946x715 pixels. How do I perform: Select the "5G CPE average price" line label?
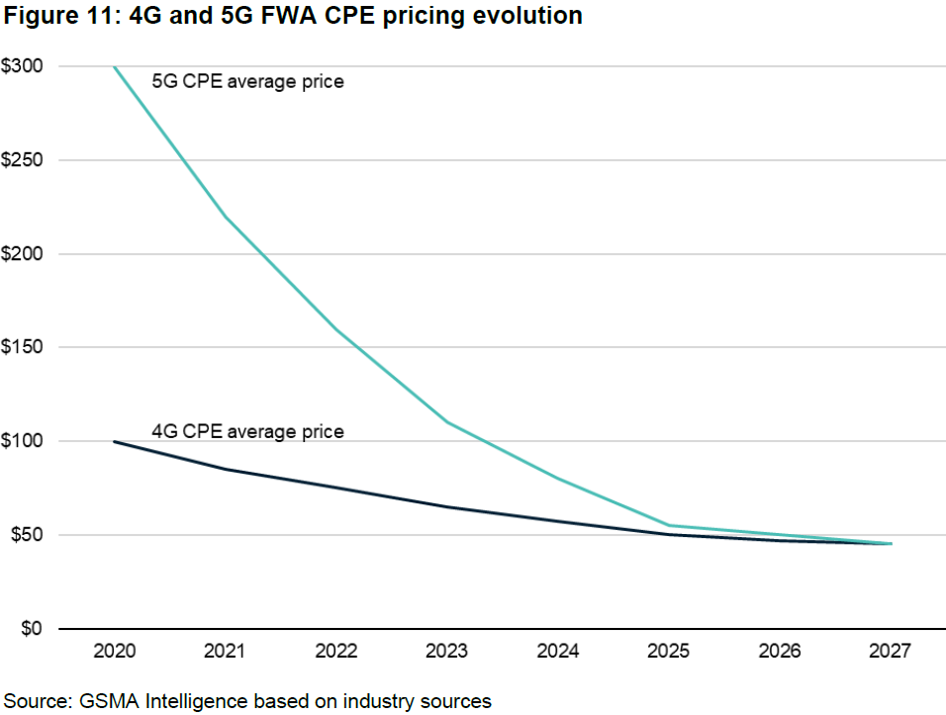pos(247,82)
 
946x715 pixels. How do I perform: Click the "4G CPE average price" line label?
pos(247,432)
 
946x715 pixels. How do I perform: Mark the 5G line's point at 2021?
pos(226,217)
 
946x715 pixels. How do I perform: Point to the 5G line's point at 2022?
pos(336,329)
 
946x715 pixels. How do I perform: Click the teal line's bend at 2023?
pos(447,422)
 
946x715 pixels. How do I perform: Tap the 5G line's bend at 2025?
pos(669,525)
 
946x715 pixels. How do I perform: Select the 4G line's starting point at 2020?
pos(115,441)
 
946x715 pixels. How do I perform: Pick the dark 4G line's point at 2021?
pos(226,469)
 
